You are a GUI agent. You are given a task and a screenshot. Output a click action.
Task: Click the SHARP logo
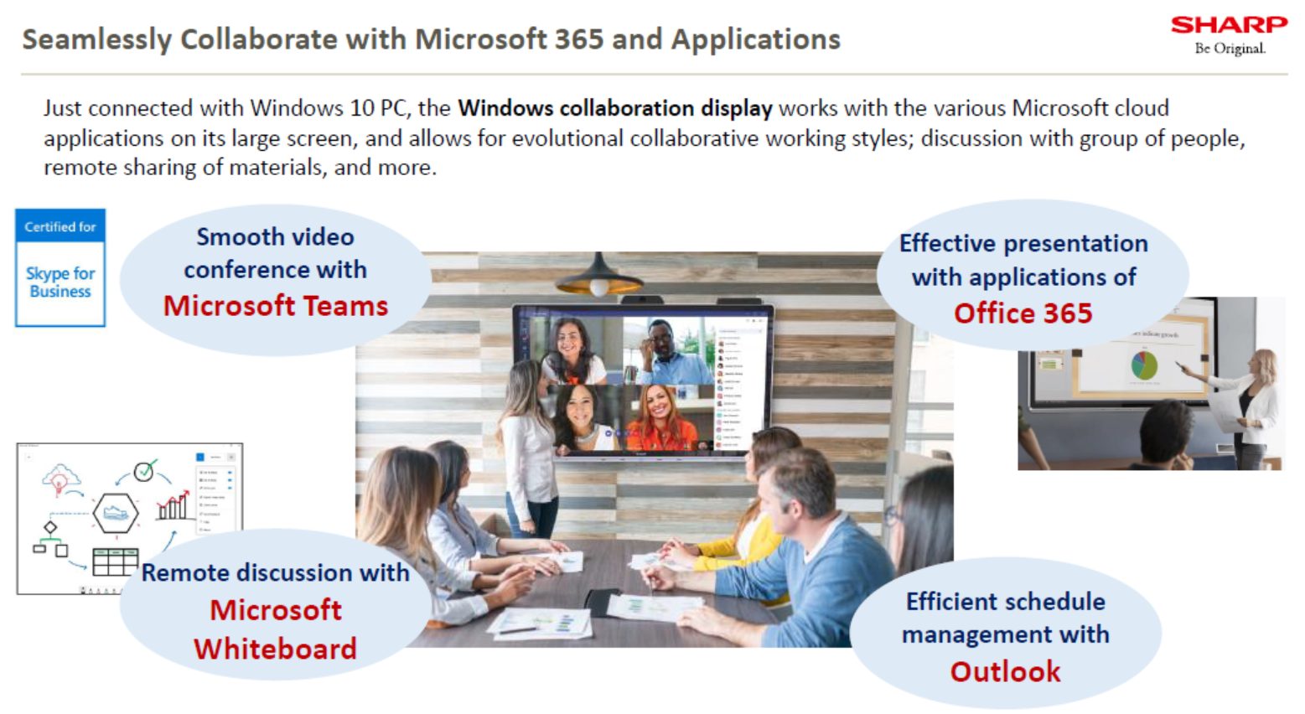point(1229,25)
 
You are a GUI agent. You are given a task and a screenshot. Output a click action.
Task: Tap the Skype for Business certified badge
point(60,267)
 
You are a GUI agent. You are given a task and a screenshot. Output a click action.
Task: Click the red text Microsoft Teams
point(276,306)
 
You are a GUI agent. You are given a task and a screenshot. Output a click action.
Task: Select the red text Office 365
point(1023,313)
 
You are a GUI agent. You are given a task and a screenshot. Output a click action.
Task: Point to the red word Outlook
point(1005,671)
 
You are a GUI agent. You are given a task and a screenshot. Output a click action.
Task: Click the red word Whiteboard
point(275,649)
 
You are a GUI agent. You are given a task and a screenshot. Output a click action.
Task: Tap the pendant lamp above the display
point(598,277)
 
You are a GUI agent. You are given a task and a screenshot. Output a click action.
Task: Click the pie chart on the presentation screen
point(1144,365)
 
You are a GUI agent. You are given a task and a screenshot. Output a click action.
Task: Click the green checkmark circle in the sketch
point(145,471)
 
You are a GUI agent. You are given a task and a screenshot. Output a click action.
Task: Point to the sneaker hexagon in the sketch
point(115,512)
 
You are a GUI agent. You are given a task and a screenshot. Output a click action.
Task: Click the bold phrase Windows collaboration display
point(614,108)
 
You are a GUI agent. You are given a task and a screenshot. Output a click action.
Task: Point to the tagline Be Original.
point(1230,49)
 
